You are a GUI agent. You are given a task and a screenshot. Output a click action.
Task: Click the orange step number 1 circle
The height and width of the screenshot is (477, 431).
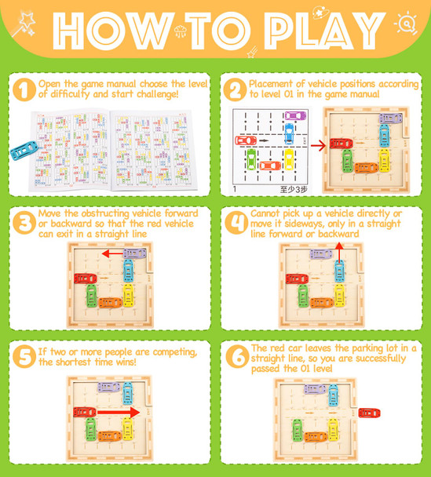(x=24, y=89)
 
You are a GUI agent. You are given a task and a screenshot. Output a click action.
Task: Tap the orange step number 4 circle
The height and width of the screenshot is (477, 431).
(x=237, y=223)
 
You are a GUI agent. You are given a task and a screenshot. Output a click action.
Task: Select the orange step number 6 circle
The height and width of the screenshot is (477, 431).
(x=237, y=357)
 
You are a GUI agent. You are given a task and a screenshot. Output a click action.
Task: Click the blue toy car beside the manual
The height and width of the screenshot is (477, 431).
(x=24, y=151)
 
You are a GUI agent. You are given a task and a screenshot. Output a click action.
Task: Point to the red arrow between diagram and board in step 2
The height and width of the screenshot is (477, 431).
(x=318, y=145)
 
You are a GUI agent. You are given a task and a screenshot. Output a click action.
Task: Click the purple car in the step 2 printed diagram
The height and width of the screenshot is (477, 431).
(x=295, y=115)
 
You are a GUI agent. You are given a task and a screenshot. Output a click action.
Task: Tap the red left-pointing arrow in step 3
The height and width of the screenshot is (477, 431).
(x=112, y=253)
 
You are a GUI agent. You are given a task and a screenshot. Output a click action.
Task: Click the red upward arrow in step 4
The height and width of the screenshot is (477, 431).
(x=340, y=253)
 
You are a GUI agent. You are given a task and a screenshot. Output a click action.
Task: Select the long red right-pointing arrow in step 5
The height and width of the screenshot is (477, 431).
(x=119, y=413)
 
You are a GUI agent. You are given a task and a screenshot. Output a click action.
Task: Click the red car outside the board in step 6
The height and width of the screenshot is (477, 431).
(x=369, y=413)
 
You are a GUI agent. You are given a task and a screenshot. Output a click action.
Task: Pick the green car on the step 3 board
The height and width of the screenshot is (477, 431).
(x=91, y=296)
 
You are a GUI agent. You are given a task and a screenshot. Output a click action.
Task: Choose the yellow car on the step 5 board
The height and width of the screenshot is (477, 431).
(x=127, y=428)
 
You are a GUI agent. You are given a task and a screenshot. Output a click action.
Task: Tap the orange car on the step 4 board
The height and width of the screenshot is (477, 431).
(x=322, y=303)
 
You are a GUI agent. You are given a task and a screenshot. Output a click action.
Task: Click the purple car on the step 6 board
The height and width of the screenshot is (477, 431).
(x=315, y=388)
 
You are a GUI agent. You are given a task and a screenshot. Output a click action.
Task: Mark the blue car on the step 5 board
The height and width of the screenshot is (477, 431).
(x=127, y=393)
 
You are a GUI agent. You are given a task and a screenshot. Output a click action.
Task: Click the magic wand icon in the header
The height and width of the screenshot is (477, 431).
(x=24, y=24)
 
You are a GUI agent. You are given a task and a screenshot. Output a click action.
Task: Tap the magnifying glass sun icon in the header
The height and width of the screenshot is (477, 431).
(x=406, y=23)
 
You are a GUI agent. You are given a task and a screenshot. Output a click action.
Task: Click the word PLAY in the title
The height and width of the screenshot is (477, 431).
(x=324, y=31)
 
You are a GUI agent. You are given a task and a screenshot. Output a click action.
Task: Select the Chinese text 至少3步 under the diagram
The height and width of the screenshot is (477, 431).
(x=294, y=190)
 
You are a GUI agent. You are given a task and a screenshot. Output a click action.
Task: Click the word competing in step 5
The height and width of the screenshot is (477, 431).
(x=175, y=352)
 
